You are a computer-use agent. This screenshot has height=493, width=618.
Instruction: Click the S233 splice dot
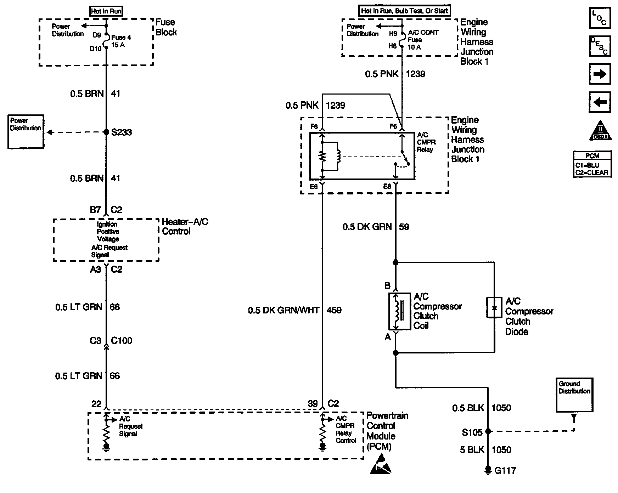tap(106, 132)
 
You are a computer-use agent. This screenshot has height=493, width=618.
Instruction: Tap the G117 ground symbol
tap(488, 470)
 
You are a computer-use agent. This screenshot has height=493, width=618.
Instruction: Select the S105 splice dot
tap(488, 432)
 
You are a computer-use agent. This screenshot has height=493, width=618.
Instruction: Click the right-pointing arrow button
tap(600, 74)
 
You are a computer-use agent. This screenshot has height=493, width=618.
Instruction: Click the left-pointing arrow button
tap(600, 102)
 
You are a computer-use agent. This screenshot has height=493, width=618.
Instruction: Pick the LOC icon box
tap(600, 18)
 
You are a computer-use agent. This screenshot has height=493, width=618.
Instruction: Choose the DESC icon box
tap(600, 46)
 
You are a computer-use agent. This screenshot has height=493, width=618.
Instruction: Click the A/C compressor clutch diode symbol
tap(494, 307)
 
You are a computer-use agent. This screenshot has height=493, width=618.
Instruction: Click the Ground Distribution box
tap(574, 395)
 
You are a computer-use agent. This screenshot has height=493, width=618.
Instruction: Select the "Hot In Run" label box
tap(106, 11)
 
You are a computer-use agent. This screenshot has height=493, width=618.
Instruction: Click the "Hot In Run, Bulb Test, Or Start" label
tap(404, 11)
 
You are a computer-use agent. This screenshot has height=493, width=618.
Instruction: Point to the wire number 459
tap(334, 310)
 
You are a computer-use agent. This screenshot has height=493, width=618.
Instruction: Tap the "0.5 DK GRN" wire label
tap(367, 227)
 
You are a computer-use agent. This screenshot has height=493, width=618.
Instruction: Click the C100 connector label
tap(122, 341)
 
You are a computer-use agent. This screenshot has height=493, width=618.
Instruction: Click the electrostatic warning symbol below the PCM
tap(381, 464)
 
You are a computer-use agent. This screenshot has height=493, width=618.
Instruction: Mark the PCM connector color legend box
tap(592, 164)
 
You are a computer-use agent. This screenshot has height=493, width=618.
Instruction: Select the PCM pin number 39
tap(313, 404)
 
